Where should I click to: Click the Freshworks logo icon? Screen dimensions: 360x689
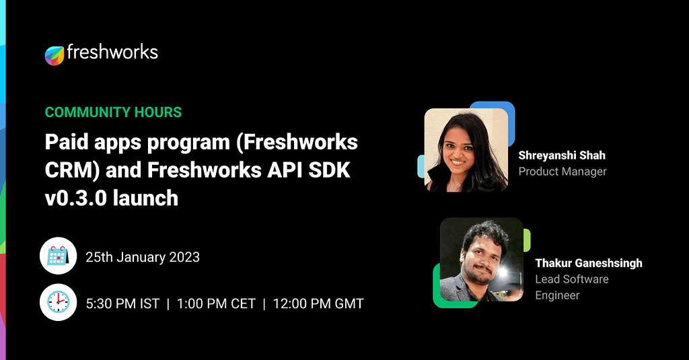pyautogui.click(x=55, y=55)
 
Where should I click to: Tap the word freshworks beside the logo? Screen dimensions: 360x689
pyautogui.click(x=112, y=53)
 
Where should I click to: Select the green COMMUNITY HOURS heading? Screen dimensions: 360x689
pyautogui.click(x=113, y=112)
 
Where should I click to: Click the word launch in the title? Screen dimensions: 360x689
pyautogui.click(x=147, y=198)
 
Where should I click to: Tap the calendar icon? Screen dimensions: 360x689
pyautogui.click(x=57, y=256)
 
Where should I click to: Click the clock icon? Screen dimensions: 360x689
pyautogui.click(x=57, y=303)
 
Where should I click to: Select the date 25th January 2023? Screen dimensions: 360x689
pyautogui.click(x=143, y=257)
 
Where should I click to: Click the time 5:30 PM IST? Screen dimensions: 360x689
pyautogui.click(x=122, y=303)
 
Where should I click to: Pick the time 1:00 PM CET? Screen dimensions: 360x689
pyautogui.click(x=216, y=303)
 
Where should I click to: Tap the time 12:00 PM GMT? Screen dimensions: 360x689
pyautogui.click(x=318, y=303)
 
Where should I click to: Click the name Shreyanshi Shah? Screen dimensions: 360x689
pyautogui.click(x=562, y=155)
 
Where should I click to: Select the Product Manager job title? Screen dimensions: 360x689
pyautogui.click(x=563, y=172)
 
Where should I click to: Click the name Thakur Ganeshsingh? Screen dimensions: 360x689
pyautogui.click(x=589, y=263)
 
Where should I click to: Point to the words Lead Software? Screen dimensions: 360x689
pyautogui.click(x=572, y=279)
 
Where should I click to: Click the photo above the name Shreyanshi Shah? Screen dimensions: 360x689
pyautogui.click(x=466, y=149)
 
